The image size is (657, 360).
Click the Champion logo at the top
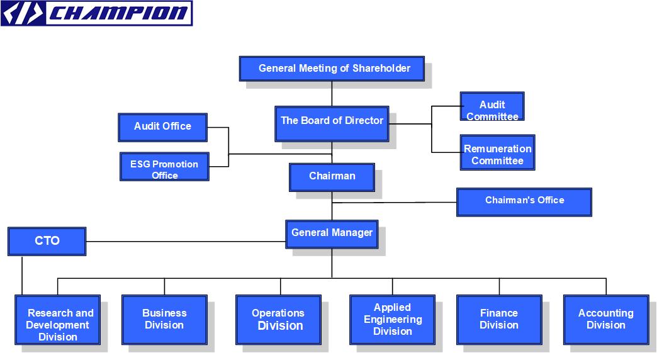click(x=96, y=13)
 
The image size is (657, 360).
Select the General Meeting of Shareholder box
click(x=331, y=69)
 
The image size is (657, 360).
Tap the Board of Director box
click(x=331, y=123)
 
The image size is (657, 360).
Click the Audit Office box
click(x=162, y=127)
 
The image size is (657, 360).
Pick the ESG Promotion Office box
click(x=164, y=166)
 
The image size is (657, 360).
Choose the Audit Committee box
click(x=491, y=106)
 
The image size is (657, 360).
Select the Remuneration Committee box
click(x=497, y=152)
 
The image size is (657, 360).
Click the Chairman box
click(x=332, y=177)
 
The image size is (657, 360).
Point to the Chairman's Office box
click(x=524, y=202)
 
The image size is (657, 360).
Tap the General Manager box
click(x=332, y=233)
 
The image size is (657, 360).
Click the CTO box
click(x=47, y=242)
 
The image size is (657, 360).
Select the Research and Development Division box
click(x=57, y=320)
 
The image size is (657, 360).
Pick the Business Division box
click(x=164, y=320)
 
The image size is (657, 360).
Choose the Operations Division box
click(x=278, y=320)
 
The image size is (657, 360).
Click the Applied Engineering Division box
click(x=392, y=320)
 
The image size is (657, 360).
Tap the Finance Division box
click(x=499, y=320)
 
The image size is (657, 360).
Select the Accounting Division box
click(x=605, y=320)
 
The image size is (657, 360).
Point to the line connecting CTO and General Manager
click(x=186, y=241)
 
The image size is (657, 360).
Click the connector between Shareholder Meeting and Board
click(x=332, y=94)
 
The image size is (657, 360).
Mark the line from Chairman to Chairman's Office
click(x=394, y=203)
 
